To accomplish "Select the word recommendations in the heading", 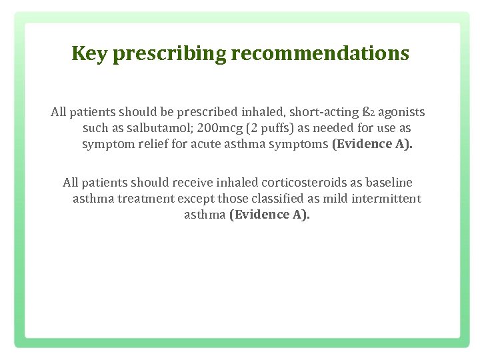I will (x=321, y=53).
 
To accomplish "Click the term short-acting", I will (x=325, y=112).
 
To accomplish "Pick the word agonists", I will (x=401, y=112).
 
